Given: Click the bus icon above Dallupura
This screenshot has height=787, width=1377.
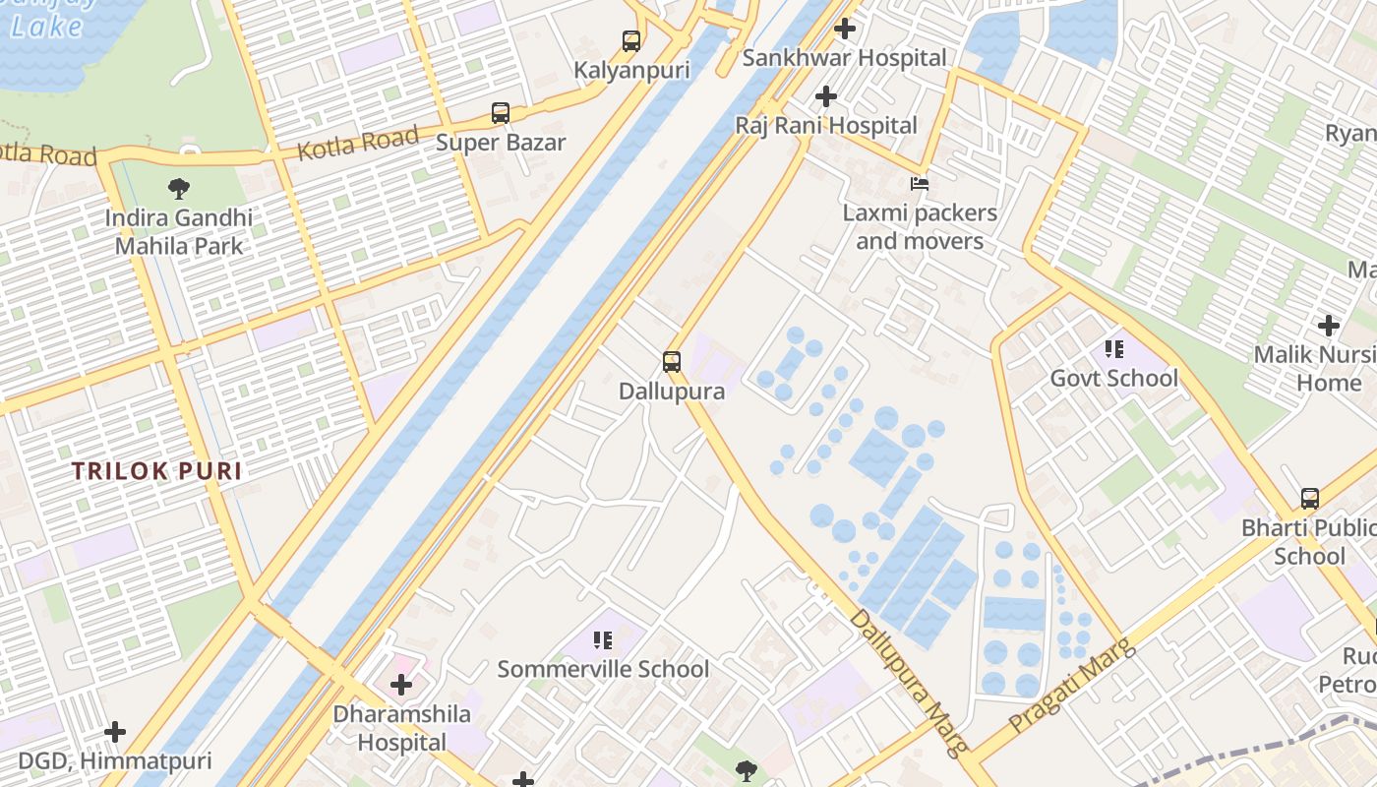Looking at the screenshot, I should pyautogui.click(x=672, y=362).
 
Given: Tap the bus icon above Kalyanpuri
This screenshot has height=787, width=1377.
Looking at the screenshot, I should pyautogui.click(x=631, y=41).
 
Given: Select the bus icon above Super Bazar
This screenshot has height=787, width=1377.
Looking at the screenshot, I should pyautogui.click(x=501, y=113).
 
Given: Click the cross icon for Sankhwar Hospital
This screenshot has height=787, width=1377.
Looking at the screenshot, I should pyautogui.click(x=844, y=30).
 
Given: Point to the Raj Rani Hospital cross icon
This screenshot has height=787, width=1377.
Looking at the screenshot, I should pyautogui.click(x=826, y=96).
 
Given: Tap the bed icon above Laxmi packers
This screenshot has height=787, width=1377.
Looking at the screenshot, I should pyautogui.click(x=920, y=184).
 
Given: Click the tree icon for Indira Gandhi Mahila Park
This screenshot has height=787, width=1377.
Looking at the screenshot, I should pyautogui.click(x=179, y=188).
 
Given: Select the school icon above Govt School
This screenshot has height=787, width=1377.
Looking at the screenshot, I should pyautogui.click(x=1114, y=349).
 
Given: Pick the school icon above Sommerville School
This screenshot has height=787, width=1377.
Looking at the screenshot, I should pyautogui.click(x=603, y=640).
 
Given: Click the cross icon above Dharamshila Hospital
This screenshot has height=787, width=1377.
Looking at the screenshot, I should pyautogui.click(x=401, y=685).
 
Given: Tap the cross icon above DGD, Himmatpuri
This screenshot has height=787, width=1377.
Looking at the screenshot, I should pyautogui.click(x=115, y=732).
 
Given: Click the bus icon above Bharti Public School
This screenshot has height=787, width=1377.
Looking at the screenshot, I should pyautogui.click(x=1310, y=499).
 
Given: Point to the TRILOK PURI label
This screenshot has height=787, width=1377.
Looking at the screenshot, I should pyautogui.click(x=156, y=471).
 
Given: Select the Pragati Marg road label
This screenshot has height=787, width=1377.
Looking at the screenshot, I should pyautogui.click(x=1072, y=685).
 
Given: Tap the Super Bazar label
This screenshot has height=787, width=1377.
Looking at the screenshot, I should pyautogui.click(x=501, y=143).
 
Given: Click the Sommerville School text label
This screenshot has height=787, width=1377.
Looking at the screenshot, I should pyautogui.click(x=603, y=670).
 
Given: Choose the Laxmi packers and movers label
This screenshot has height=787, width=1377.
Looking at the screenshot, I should pyautogui.click(x=920, y=227).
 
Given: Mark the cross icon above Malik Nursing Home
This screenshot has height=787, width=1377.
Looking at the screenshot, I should pyautogui.click(x=1329, y=326).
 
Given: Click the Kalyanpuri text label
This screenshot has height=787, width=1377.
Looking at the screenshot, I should pyautogui.click(x=631, y=71).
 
